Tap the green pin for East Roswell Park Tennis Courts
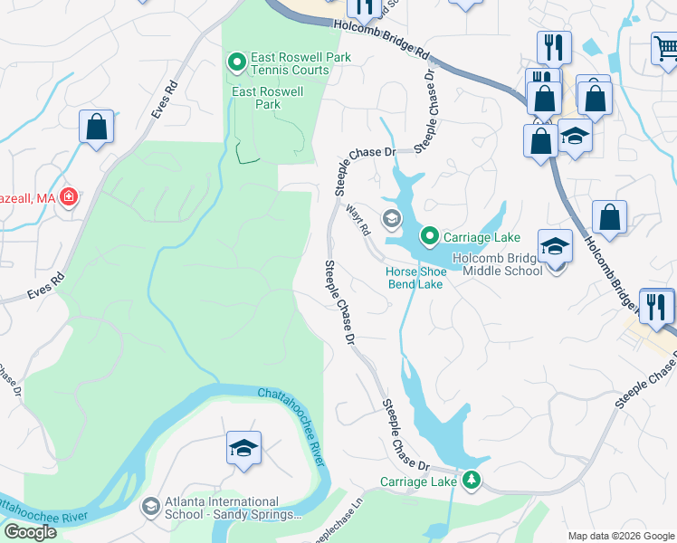click(x=237, y=62)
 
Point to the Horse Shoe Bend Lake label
click(x=415, y=277)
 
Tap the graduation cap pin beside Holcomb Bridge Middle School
click(x=555, y=245)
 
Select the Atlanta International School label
click(x=222, y=509)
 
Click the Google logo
click(x=30, y=532)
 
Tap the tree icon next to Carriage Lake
click(x=470, y=481)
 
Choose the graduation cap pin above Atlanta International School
click(x=243, y=448)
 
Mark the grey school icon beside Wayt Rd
click(x=392, y=218)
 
